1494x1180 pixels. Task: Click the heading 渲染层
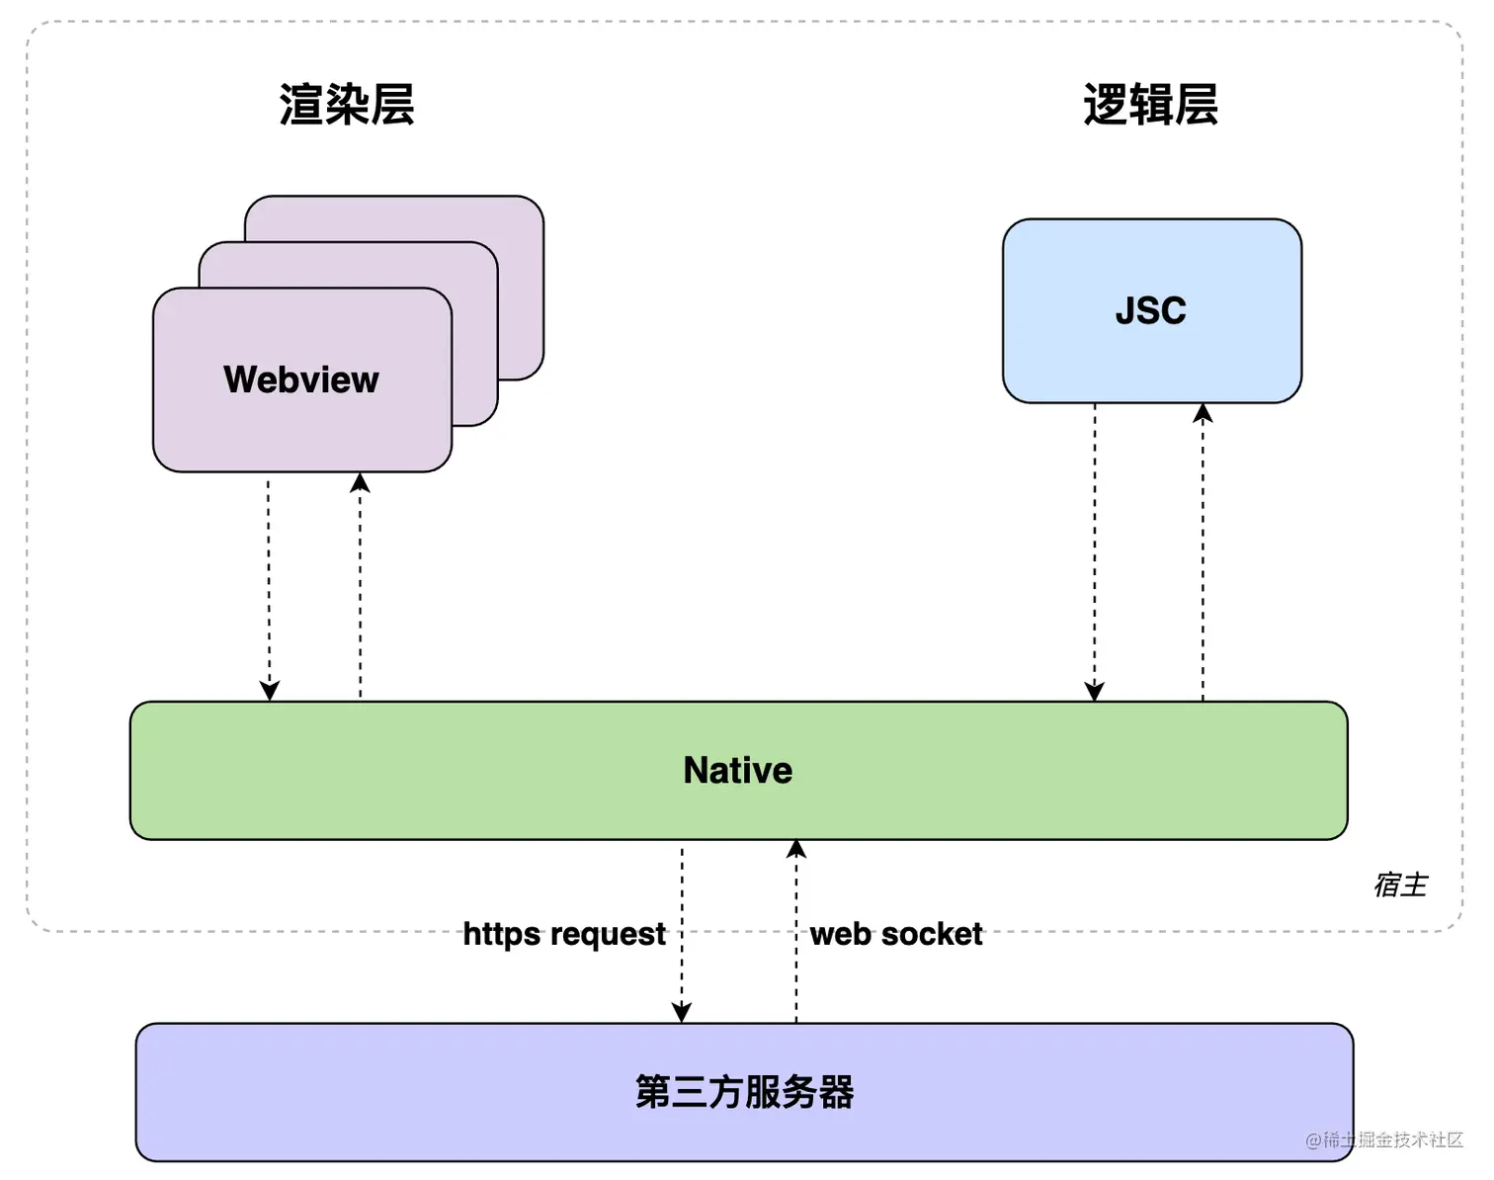[x=346, y=105]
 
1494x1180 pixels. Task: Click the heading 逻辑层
[x=1150, y=105]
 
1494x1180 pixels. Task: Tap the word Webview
[x=300, y=379]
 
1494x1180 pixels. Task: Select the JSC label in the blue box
[x=1150, y=310]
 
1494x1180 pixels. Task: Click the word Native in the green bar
[x=737, y=770]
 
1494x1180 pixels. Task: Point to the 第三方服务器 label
[x=744, y=1092]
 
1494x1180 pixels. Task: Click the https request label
[x=564, y=934]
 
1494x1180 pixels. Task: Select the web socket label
[x=896, y=934]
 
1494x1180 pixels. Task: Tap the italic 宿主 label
[x=1400, y=885]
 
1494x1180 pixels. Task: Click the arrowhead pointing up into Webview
[x=360, y=482]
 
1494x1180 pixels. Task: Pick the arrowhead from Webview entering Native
[x=269, y=691]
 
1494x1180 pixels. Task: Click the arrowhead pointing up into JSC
[x=1203, y=413]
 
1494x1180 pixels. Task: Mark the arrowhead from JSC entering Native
[x=1094, y=691]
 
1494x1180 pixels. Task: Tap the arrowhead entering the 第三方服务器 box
[x=681, y=1012]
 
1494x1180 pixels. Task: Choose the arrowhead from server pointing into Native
[x=796, y=849]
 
